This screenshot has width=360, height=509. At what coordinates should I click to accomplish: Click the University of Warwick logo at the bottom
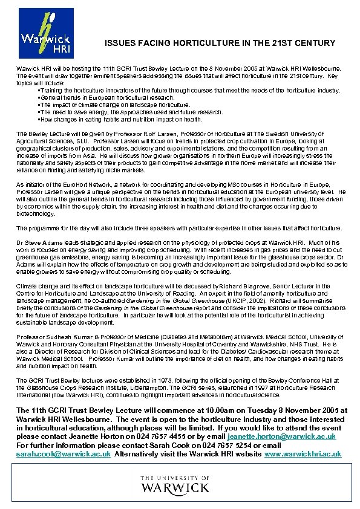coord(175,484)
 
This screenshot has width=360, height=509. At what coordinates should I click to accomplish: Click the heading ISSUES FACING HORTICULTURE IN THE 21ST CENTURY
coord(220,43)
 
